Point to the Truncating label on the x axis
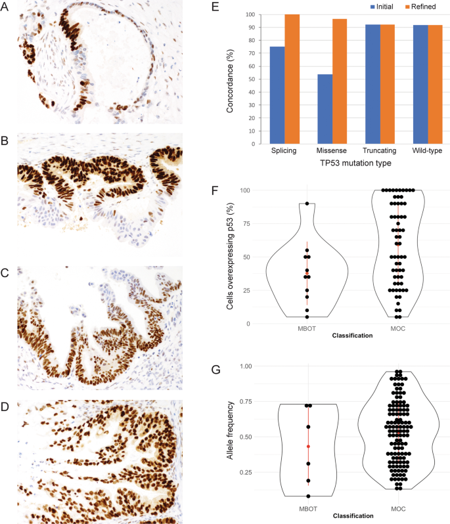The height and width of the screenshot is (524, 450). [x=369, y=152]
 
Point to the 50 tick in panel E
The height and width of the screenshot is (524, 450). [x=250, y=79]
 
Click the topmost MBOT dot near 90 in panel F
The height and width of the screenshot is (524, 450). [x=307, y=204]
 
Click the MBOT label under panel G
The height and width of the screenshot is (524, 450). [x=307, y=508]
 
